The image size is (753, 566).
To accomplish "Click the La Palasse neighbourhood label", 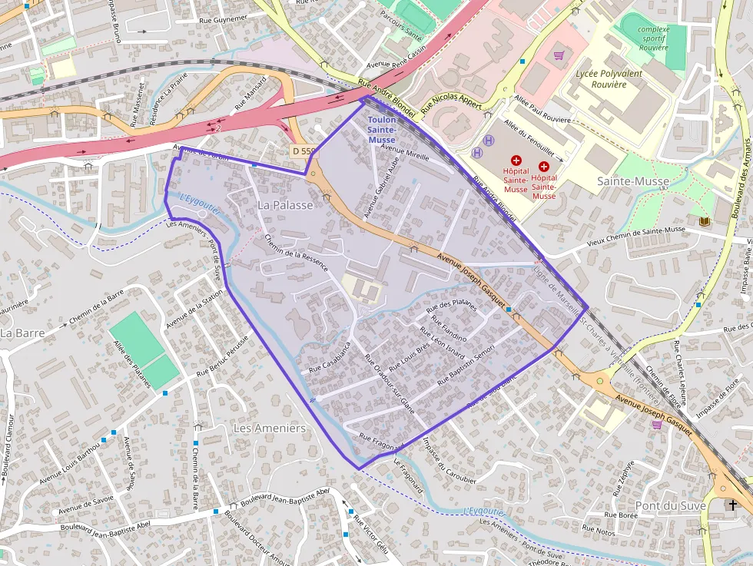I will coord(285,205).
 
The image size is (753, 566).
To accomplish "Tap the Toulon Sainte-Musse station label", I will coord(382,131).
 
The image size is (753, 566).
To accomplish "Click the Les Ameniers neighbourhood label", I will coord(269,428).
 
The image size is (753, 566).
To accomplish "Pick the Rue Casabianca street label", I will coord(330,358).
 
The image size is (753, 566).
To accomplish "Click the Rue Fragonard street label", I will coord(381,442).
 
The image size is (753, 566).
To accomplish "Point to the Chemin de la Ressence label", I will coord(296,253).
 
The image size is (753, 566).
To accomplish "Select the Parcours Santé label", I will coord(402,35).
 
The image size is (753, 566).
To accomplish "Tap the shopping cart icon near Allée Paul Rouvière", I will coord(559,55).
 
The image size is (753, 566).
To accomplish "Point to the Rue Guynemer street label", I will coord(223,18).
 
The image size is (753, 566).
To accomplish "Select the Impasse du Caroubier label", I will coord(449,460).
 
